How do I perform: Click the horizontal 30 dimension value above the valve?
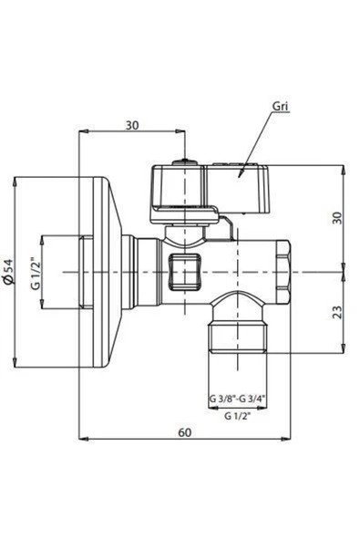click(133, 125)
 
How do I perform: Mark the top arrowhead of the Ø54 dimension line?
click(16, 179)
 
